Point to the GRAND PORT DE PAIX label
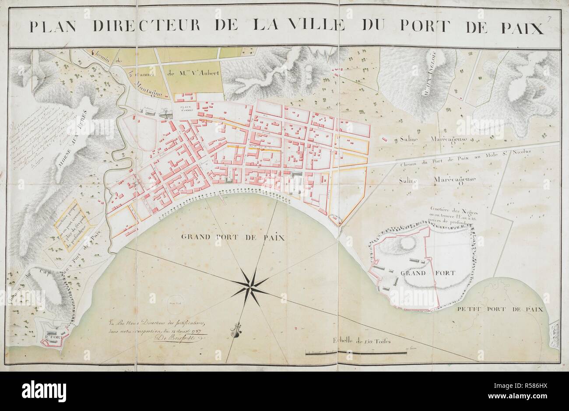pyautogui.click(x=233, y=238)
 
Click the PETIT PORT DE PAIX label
pyautogui.click(x=499, y=309)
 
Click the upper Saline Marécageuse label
pyautogui.click(x=430, y=139)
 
